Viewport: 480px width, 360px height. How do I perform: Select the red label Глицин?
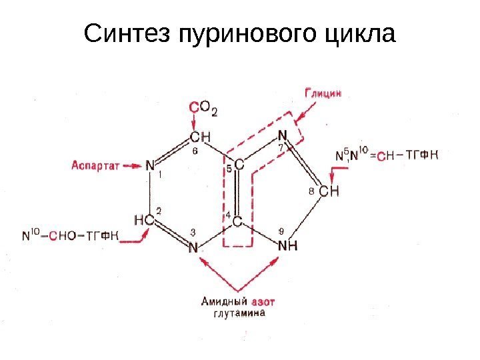[x=323, y=94]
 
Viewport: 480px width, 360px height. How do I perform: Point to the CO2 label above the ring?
[x=203, y=107]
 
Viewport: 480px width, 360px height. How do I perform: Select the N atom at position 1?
[x=150, y=165]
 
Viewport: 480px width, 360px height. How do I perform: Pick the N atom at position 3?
[x=193, y=247]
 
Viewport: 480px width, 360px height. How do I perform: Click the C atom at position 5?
[x=239, y=163]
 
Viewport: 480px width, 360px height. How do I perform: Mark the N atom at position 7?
[x=283, y=135]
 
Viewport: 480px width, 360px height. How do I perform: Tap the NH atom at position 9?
[x=287, y=246]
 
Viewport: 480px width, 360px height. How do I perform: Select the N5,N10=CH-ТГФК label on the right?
[x=387, y=156]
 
